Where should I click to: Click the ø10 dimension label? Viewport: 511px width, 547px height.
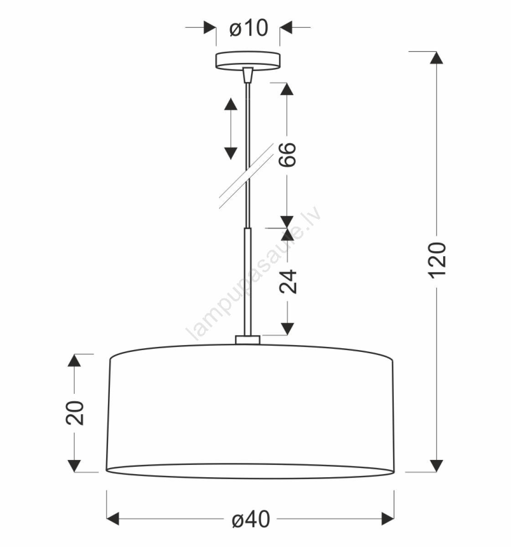click(248, 28)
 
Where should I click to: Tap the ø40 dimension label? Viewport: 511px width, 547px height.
click(251, 519)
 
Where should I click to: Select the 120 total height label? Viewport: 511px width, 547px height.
click(437, 260)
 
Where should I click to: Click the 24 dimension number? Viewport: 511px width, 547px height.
click(288, 282)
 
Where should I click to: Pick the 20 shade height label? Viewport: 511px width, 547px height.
click(74, 413)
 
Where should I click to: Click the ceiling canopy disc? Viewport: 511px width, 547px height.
click(248, 60)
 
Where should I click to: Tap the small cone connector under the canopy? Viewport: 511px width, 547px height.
click(248, 75)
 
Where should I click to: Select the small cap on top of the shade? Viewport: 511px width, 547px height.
click(248, 340)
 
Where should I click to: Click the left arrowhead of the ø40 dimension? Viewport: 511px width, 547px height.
click(113, 519)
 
